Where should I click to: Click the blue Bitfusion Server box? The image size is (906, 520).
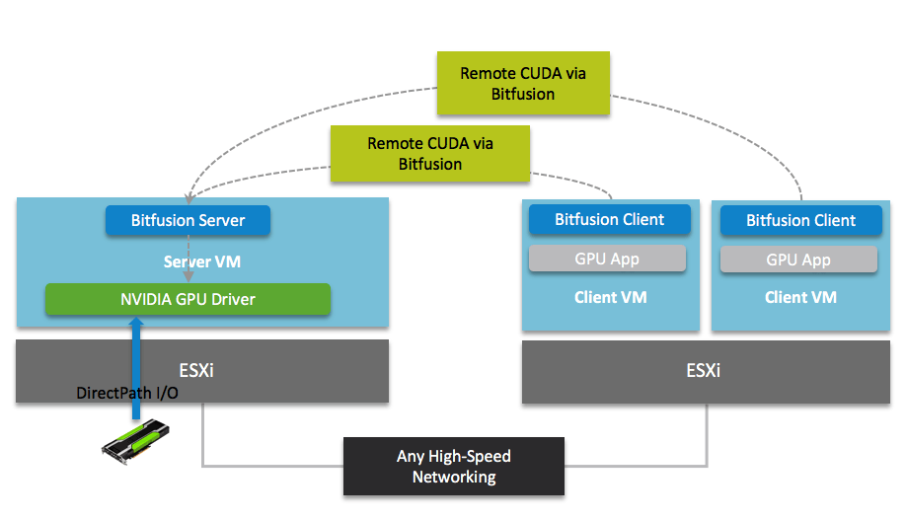coord(188,220)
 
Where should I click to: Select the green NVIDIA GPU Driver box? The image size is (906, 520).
coord(188,299)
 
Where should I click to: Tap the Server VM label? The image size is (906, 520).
coord(202,262)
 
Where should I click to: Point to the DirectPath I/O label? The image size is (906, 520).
coord(126,393)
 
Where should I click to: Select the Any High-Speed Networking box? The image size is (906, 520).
coord(454,467)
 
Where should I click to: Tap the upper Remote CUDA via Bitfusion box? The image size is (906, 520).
coord(523,84)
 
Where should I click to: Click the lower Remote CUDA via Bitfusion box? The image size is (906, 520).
coord(430,154)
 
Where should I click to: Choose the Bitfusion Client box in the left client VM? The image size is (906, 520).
coord(610,220)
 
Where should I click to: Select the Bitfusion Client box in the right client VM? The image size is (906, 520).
coord(800,221)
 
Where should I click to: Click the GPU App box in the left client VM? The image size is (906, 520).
coord(607,260)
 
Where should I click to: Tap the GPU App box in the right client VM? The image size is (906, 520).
coord(798,260)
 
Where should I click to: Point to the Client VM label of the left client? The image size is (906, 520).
coord(611,297)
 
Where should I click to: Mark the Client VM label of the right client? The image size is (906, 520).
coord(800,297)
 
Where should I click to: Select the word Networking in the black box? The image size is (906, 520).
coord(454,478)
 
